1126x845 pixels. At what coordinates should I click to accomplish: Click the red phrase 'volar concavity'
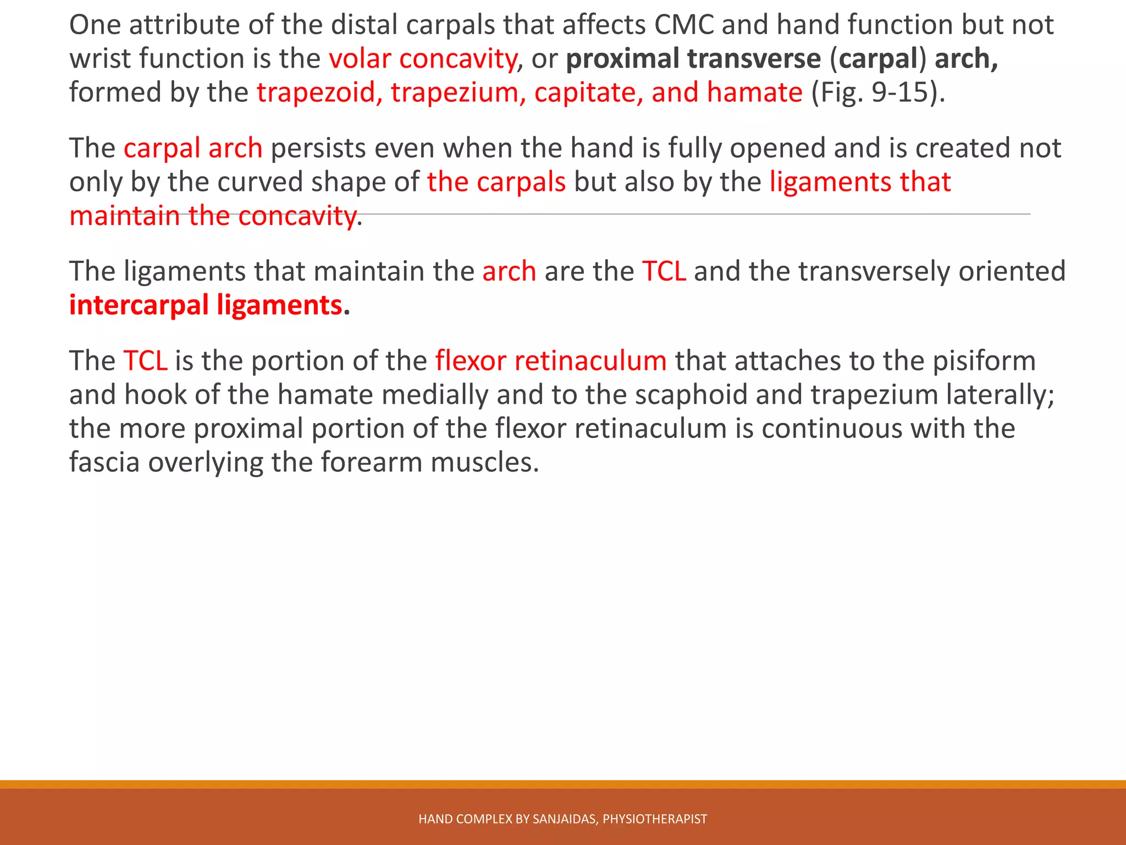click(x=423, y=59)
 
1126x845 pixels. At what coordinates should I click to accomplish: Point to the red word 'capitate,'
click(x=588, y=92)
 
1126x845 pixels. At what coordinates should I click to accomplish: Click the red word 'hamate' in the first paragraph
click(x=754, y=92)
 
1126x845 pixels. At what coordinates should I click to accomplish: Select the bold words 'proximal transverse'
click(x=693, y=59)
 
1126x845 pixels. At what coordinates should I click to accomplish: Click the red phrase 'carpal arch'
click(x=193, y=149)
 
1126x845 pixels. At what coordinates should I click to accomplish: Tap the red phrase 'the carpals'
click(x=496, y=182)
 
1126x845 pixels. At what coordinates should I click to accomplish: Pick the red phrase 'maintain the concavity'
click(x=213, y=216)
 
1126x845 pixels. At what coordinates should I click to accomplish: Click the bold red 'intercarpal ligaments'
click(x=206, y=305)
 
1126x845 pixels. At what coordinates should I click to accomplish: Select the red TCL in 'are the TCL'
click(x=664, y=272)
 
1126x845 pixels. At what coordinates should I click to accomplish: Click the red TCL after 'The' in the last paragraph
click(x=145, y=361)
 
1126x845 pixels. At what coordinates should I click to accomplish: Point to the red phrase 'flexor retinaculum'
click(x=550, y=361)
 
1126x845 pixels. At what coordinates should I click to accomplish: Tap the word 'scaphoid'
click(x=691, y=395)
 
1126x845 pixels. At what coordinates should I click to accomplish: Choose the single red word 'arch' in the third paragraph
click(x=509, y=272)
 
